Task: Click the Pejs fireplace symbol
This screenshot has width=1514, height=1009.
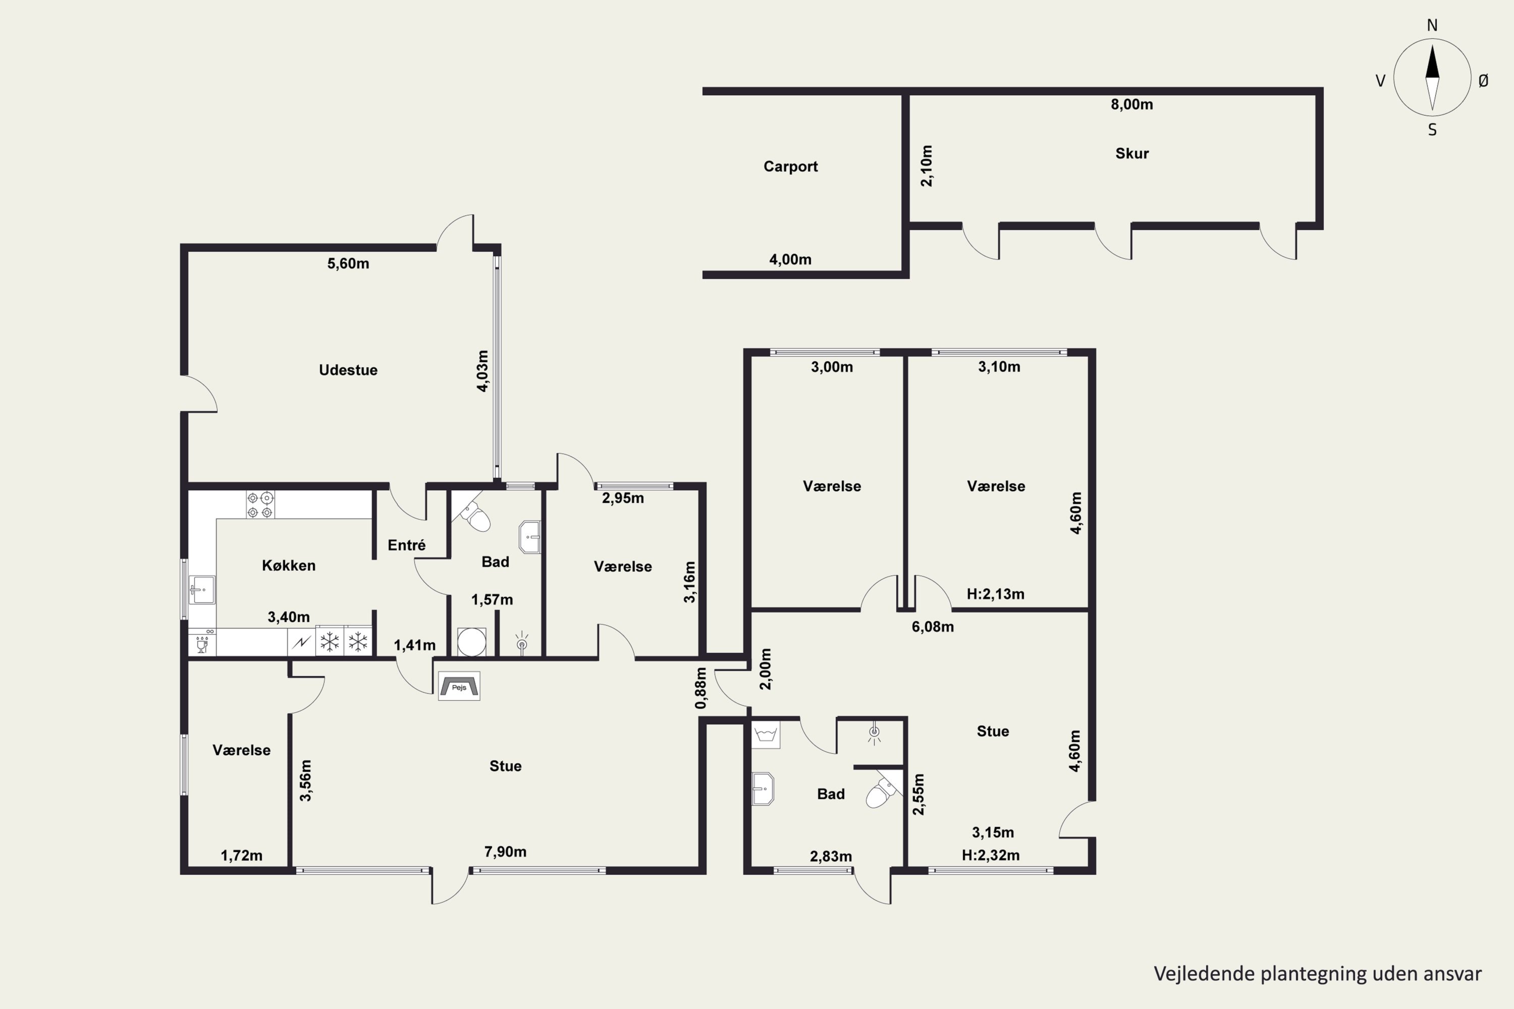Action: (x=459, y=686)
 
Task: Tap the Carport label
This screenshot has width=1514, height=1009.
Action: (x=790, y=166)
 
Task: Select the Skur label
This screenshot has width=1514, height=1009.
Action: (x=1131, y=153)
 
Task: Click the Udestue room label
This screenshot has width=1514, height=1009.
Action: (x=348, y=370)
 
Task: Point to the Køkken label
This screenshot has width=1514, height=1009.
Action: (x=288, y=566)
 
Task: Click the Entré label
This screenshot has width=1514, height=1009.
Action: (x=406, y=545)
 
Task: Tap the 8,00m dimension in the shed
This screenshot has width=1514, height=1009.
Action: (x=1131, y=104)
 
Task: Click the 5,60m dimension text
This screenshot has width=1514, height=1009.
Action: (x=348, y=263)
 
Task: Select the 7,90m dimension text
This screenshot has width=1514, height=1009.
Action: (x=505, y=852)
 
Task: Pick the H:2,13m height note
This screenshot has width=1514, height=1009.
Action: (x=995, y=594)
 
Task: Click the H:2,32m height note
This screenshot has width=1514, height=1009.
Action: (x=991, y=855)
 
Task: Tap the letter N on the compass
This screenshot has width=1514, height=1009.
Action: (x=1432, y=25)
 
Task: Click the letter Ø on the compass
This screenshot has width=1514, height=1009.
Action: (x=1483, y=80)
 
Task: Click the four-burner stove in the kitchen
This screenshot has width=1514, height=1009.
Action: (x=260, y=504)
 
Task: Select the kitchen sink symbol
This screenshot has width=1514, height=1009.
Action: (x=202, y=589)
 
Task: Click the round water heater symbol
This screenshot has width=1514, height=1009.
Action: (x=472, y=642)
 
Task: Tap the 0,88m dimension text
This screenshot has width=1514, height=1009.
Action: (x=701, y=688)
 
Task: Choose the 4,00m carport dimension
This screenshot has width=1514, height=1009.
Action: (x=790, y=259)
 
